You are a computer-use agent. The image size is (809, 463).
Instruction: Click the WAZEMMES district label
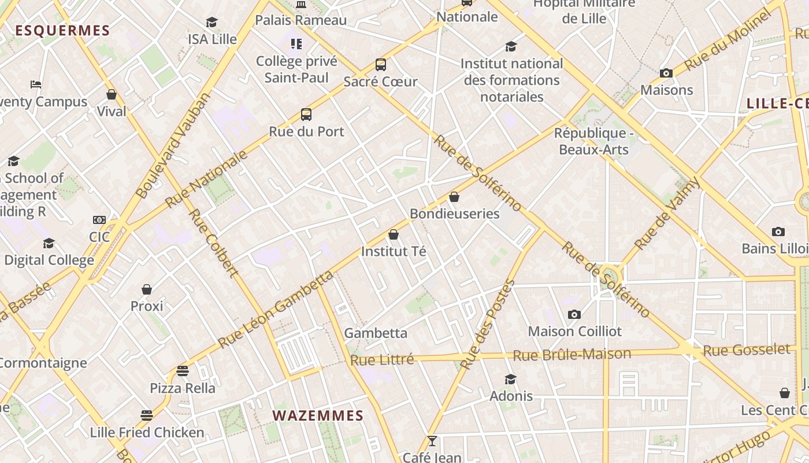pos(318,416)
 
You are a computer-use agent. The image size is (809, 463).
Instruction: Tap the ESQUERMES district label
pos(62,31)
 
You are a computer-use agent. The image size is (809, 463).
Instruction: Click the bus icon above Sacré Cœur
pos(380,65)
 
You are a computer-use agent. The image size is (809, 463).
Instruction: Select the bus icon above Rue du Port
pos(306,115)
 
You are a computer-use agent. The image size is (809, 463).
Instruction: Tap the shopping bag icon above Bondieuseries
pos(454,197)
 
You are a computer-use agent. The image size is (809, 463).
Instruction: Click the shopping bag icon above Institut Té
pos(394,234)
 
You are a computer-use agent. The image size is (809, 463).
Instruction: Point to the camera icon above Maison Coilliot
pos(574,314)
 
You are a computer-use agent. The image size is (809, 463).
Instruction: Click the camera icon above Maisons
pos(666,73)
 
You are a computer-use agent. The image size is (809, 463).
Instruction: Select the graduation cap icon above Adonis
pos(511,379)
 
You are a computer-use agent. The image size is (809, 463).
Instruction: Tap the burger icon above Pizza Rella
pos(183,370)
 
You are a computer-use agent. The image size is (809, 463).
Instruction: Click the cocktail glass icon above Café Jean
pos(432,441)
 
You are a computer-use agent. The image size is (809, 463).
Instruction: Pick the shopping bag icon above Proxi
pos(147,289)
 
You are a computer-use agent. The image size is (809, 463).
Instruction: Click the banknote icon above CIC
pos(99,220)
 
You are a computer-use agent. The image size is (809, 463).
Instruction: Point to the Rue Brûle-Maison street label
pos(572,355)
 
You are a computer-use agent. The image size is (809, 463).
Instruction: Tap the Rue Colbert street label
pos(213,243)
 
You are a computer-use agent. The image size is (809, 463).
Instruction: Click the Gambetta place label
pos(376,333)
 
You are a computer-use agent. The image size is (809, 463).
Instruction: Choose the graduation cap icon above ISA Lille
pos(212,23)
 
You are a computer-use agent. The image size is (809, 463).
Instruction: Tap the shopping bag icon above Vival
pos(112,94)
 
